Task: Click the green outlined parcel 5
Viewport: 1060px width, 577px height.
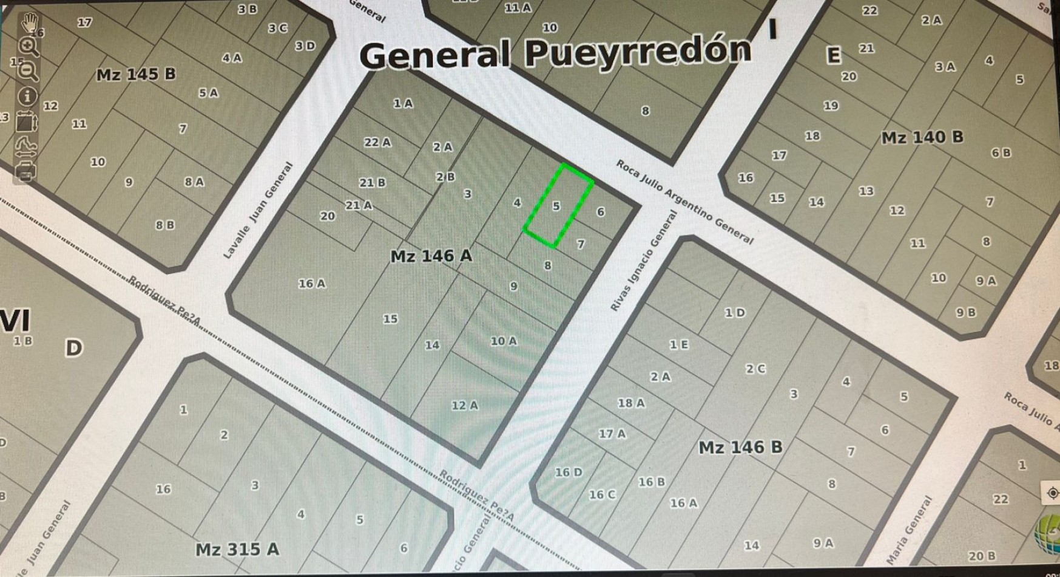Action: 558,207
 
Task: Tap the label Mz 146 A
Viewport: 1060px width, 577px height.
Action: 431,256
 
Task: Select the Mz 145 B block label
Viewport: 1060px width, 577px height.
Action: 136,75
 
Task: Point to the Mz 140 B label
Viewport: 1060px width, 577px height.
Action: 922,138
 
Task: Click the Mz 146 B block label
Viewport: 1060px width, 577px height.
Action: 740,448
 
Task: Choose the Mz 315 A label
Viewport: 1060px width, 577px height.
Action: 237,550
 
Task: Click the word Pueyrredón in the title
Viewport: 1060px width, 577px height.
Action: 638,52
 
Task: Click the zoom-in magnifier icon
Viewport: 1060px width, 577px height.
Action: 28,47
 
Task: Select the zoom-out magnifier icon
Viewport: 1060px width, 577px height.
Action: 29,71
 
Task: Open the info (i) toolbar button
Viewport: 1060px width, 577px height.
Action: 27,96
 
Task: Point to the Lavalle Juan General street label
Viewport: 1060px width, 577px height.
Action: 258,210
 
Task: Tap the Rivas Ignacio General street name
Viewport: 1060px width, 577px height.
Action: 644,261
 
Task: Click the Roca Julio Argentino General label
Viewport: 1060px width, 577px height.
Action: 684,202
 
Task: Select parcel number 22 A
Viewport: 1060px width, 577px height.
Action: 377,143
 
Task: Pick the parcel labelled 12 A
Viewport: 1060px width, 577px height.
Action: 465,405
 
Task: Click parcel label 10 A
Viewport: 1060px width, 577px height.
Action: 504,341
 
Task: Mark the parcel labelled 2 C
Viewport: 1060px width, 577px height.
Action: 755,369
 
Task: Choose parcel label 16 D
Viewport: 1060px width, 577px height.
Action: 569,472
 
